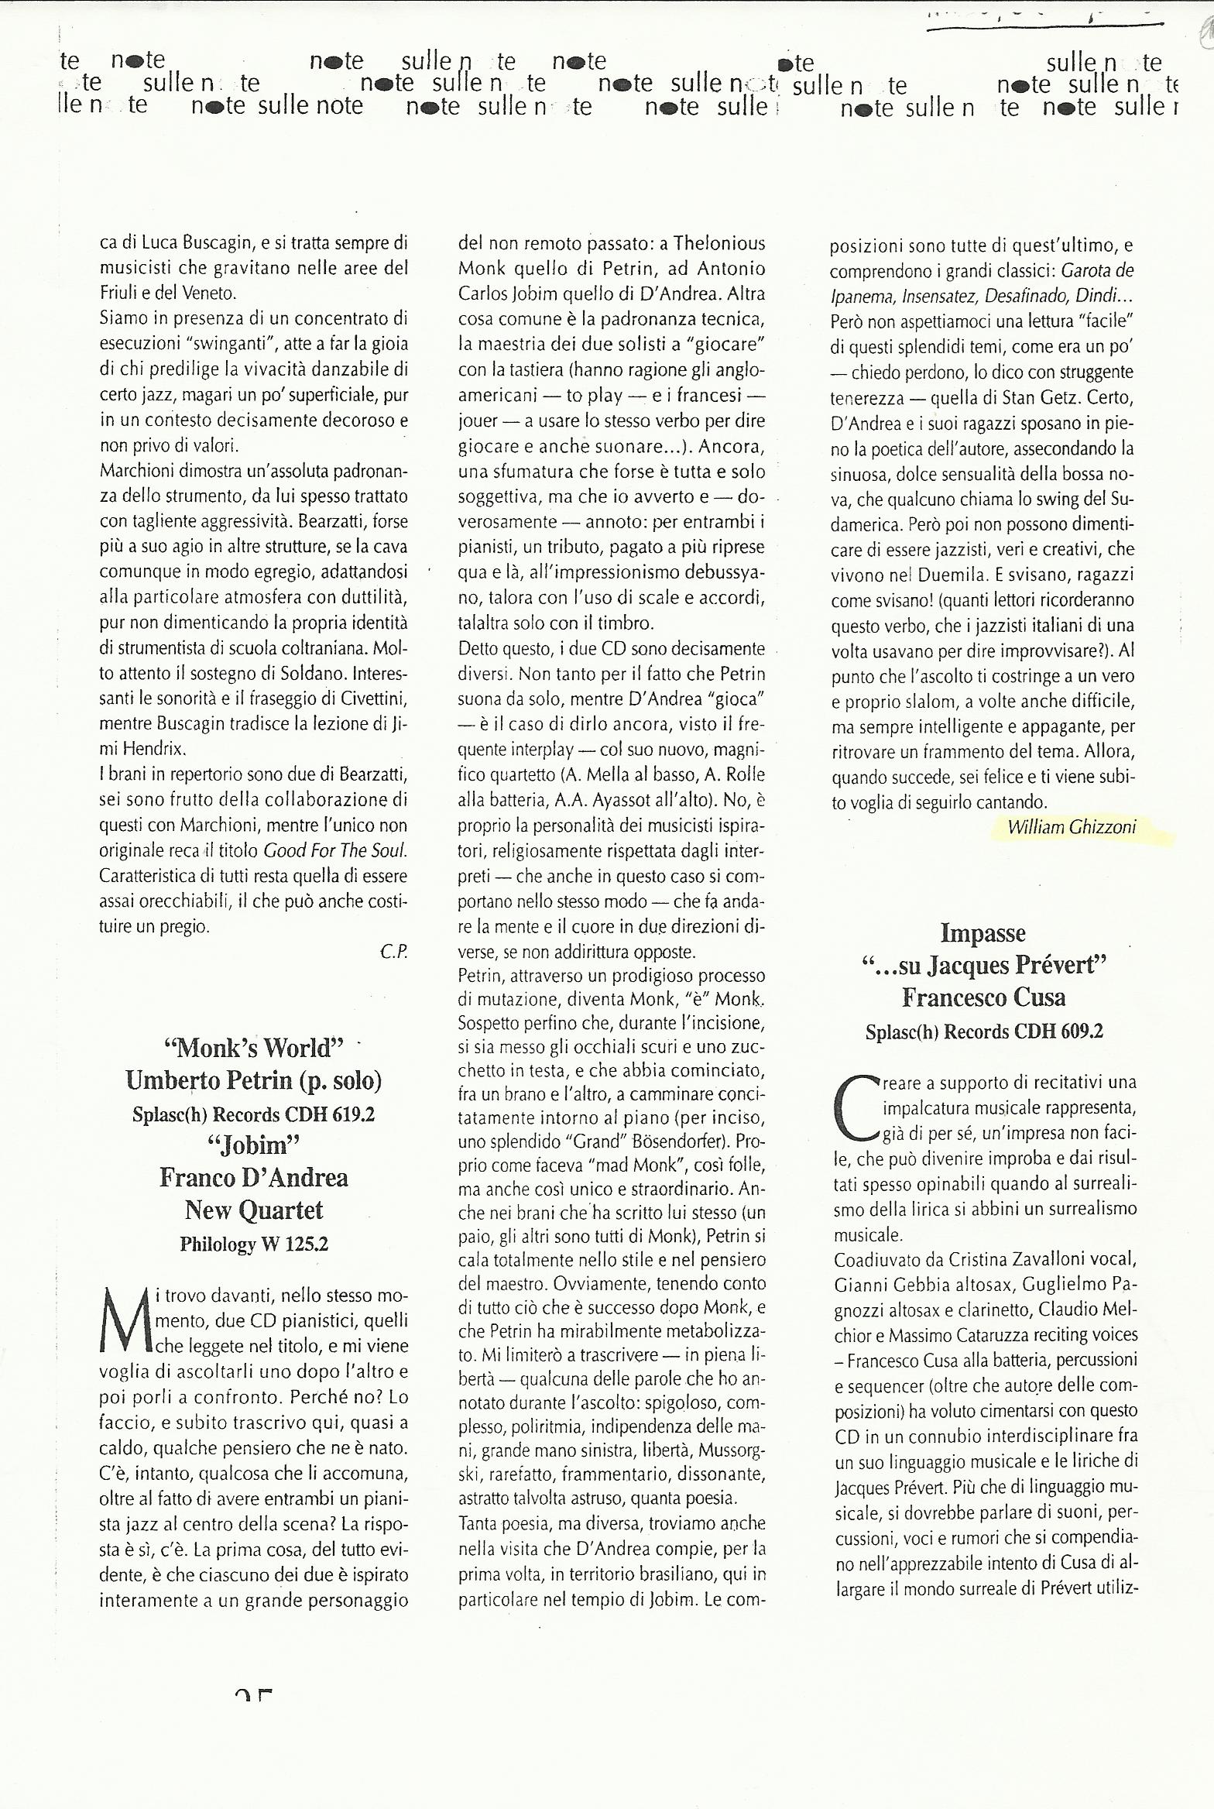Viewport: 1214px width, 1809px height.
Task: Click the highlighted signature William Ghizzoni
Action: [1072, 827]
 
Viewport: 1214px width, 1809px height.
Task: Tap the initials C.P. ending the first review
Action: [393, 952]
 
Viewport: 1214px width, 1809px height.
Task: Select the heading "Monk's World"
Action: [254, 1048]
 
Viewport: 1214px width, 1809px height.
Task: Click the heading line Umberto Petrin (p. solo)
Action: [254, 1080]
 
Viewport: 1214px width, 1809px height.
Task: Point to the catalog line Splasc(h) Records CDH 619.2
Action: [254, 1114]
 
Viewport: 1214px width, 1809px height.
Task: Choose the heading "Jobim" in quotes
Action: [254, 1145]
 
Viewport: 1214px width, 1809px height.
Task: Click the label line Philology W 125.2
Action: [254, 1244]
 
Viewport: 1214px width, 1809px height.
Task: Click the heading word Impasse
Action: [983, 933]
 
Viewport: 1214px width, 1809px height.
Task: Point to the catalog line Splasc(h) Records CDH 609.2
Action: [984, 1032]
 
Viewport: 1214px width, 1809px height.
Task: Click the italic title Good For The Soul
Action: [334, 850]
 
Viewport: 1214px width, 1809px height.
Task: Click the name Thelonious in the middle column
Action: [719, 243]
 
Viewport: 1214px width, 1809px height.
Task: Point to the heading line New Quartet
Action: [254, 1210]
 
